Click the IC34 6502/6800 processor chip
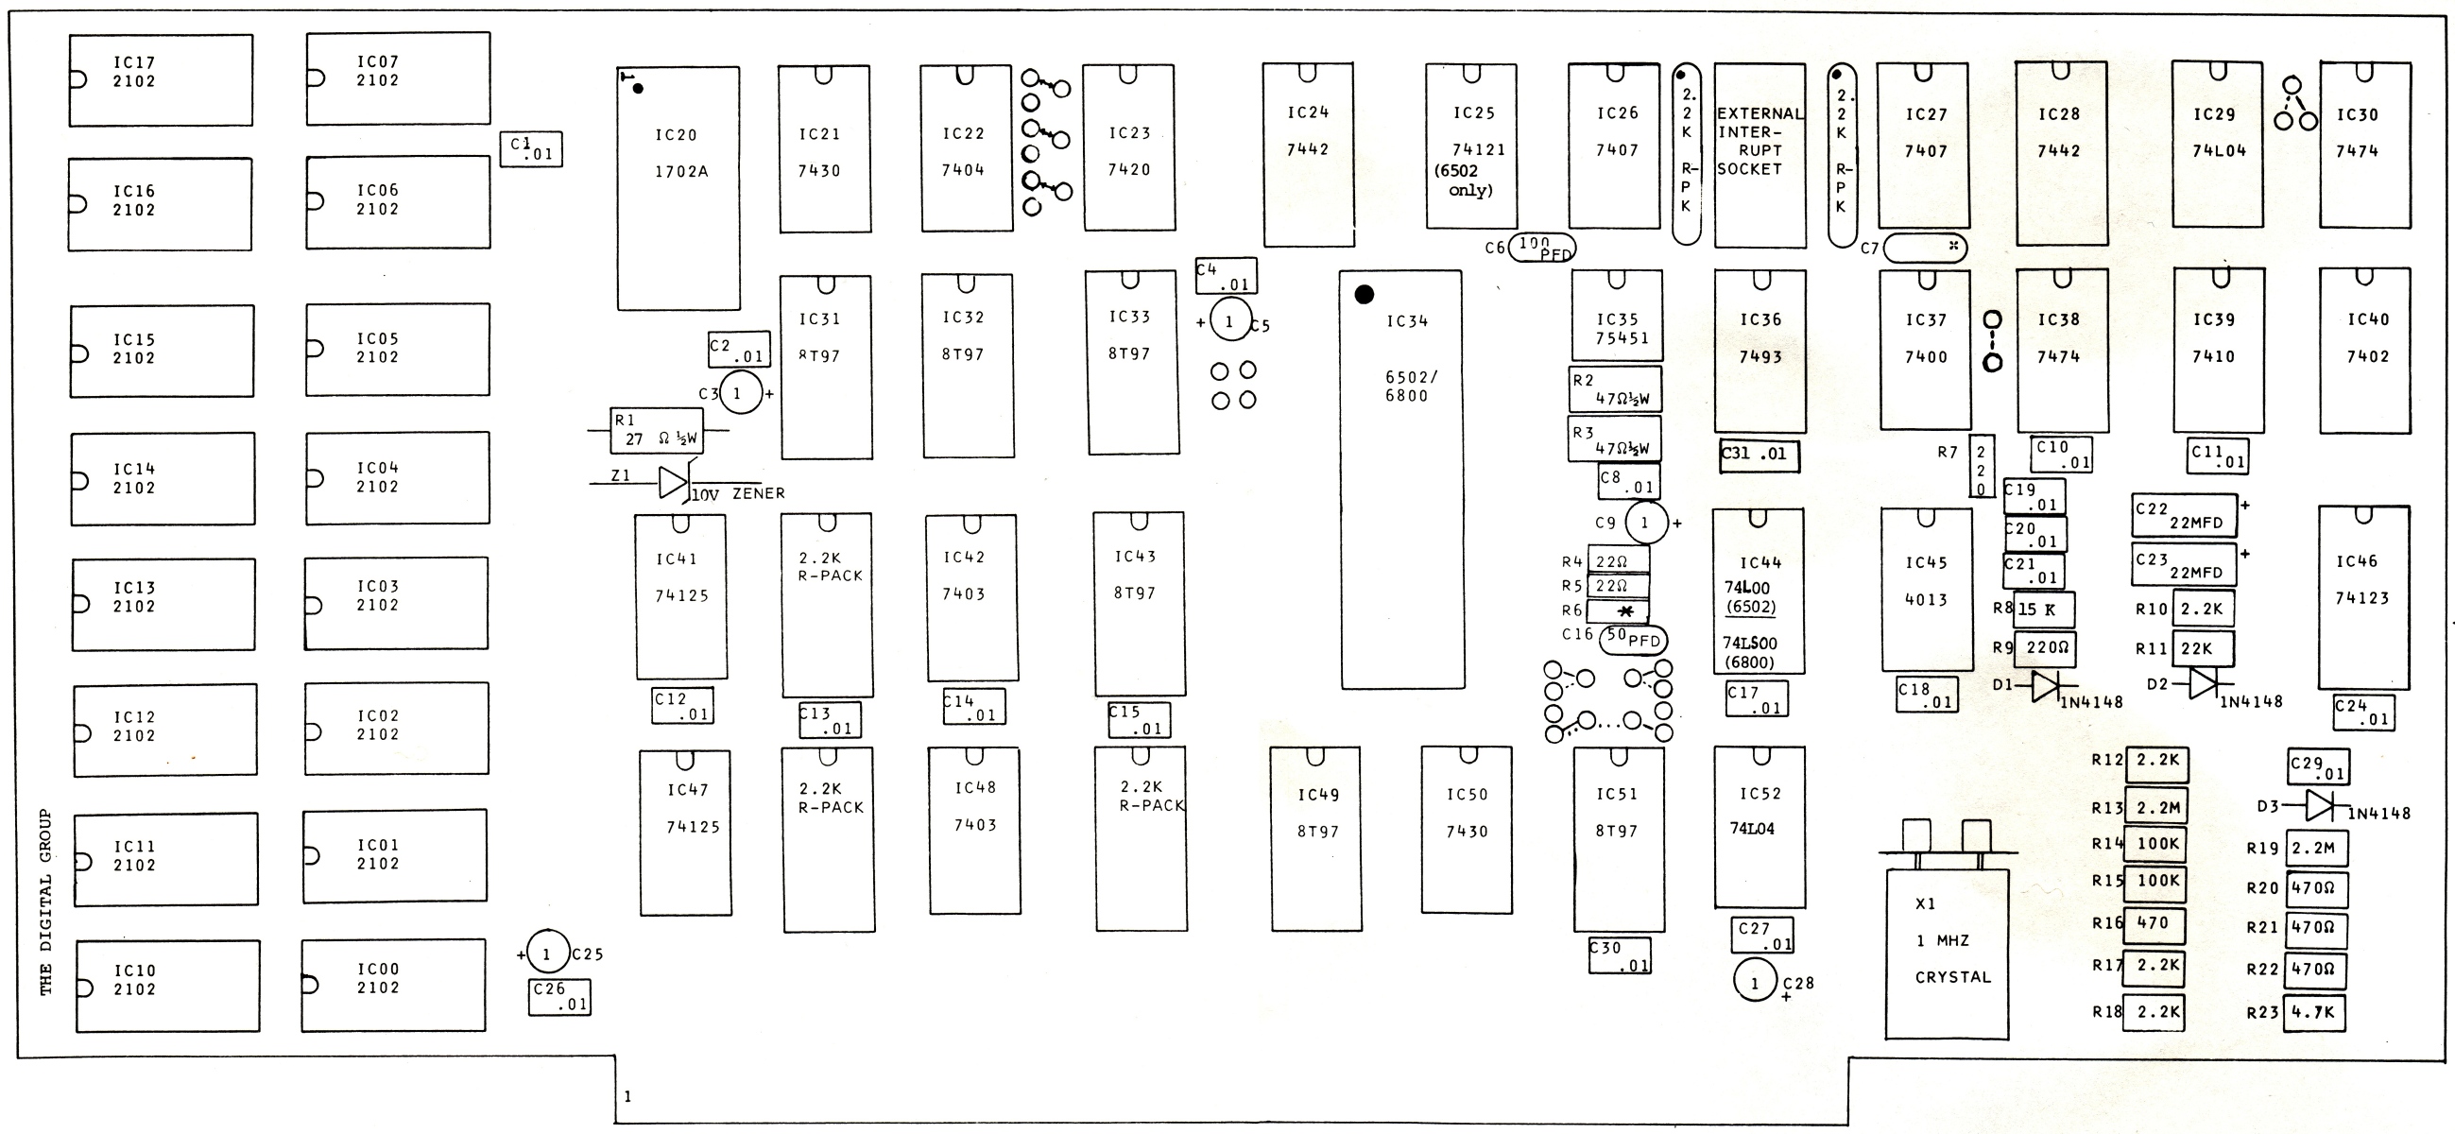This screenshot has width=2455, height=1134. pyautogui.click(x=1402, y=478)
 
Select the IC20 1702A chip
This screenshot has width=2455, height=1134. pyautogui.click(x=678, y=188)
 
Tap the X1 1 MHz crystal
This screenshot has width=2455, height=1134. pyautogui.click(x=1947, y=953)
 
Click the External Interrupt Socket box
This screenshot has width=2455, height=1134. pyautogui.click(x=1760, y=155)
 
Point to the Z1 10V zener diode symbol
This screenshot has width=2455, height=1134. pyautogui.click(x=673, y=482)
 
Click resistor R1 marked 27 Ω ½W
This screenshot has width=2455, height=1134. pyautogui.click(x=657, y=432)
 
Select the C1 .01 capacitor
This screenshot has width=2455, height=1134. pyautogui.click(x=531, y=149)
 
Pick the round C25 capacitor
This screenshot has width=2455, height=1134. pyautogui.click(x=547, y=954)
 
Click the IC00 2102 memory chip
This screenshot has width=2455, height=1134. pyautogui.click(x=394, y=986)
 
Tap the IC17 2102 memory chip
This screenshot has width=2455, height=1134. pyautogui.click(x=161, y=80)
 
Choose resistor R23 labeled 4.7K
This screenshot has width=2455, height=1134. pyautogui.click(x=2314, y=1012)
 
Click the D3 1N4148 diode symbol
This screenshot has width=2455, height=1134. pyautogui.click(x=2320, y=806)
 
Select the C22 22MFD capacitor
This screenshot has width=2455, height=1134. pyautogui.click(x=2184, y=516)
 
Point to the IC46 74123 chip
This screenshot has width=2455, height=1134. pyautogui.click(x=2363, y=596)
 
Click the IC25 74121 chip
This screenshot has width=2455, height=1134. pyautogui.click(x=1470, y=146)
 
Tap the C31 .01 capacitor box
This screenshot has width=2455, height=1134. pyautogui.click(x=1760, y=455)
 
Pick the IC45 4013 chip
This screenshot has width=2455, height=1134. pyautogui.click(x=1926, y=589)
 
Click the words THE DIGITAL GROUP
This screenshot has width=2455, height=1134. pyautogui.click(x=45, y=902)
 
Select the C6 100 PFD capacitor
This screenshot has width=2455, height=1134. pyautogui.click(x=1542, y=248)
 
